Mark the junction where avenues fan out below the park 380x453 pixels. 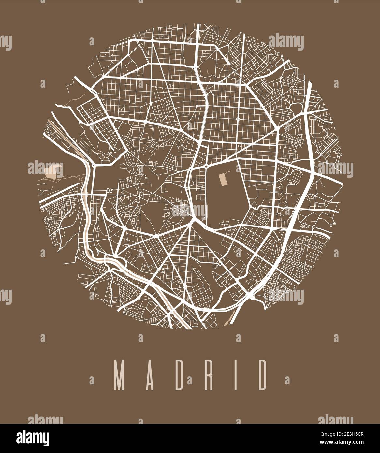click(195, 220)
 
